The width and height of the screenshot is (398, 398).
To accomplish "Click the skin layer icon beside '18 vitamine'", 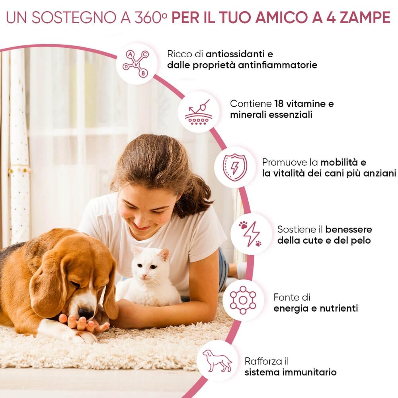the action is [x=199, y=112].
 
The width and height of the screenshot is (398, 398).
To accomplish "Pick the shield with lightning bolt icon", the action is [x=235, y=167].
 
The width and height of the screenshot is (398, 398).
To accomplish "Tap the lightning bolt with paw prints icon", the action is [x=250, y=234].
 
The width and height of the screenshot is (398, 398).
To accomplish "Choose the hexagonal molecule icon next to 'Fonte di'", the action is [x=243, y=300].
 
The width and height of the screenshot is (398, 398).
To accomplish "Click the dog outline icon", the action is [x=217, y=361].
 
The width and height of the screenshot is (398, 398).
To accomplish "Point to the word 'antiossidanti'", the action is [x=235, y=54].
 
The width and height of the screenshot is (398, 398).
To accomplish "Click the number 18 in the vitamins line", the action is [x=279, y=103].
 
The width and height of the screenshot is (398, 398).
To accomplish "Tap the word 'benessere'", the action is [x=349, y=230].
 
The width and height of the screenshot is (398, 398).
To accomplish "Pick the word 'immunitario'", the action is [x=309, y=373].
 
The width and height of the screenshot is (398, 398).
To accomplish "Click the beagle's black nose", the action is [x=86, y=313].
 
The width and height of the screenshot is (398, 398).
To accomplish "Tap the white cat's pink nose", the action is [x=144, y=276].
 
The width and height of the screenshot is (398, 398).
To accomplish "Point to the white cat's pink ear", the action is [x=164, y=255].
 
